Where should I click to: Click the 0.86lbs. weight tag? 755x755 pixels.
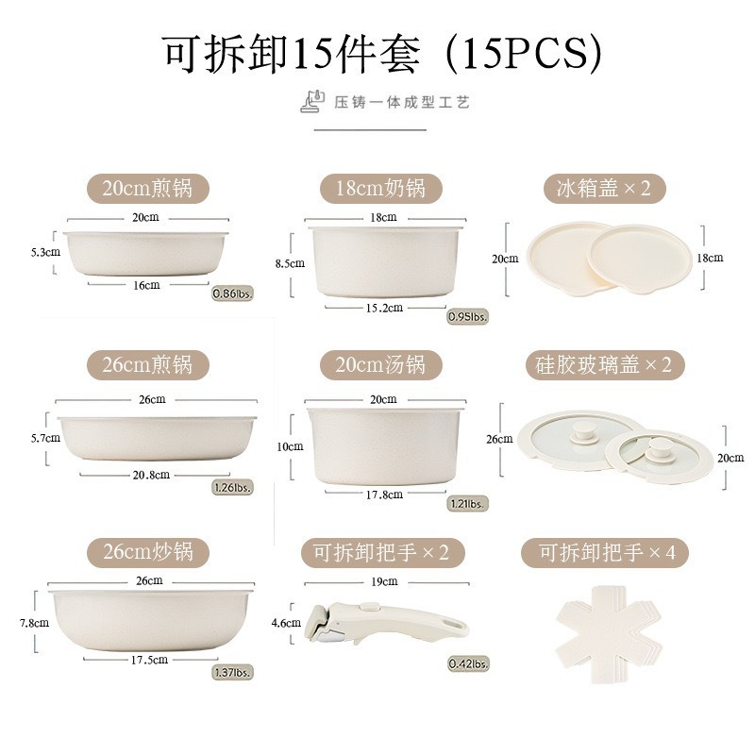229,293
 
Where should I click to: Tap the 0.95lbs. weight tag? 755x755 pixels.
467,317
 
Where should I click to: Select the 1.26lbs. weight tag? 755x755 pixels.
231,488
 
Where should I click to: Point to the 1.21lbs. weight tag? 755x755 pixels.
467,504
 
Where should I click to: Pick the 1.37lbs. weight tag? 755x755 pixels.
231,672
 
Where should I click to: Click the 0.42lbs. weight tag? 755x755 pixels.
467,663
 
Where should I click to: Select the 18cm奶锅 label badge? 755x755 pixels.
380,188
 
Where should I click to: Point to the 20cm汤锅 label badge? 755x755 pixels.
380,364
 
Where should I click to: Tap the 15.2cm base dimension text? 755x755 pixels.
383,307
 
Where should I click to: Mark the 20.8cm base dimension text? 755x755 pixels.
151,475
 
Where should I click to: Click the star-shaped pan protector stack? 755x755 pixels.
613,623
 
